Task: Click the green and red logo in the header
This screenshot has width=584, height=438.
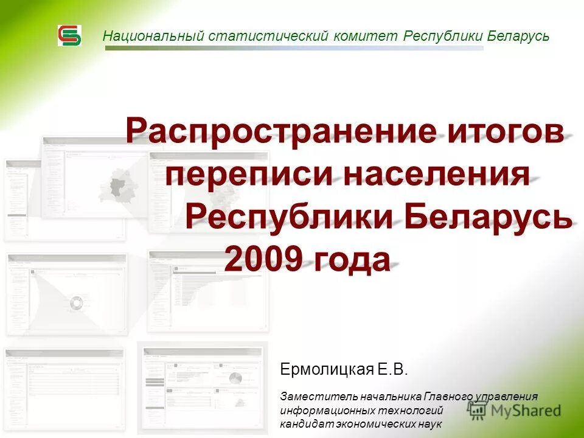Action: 69,35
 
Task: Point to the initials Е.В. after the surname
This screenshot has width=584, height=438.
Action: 392,369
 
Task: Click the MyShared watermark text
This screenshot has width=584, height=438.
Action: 526,411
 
